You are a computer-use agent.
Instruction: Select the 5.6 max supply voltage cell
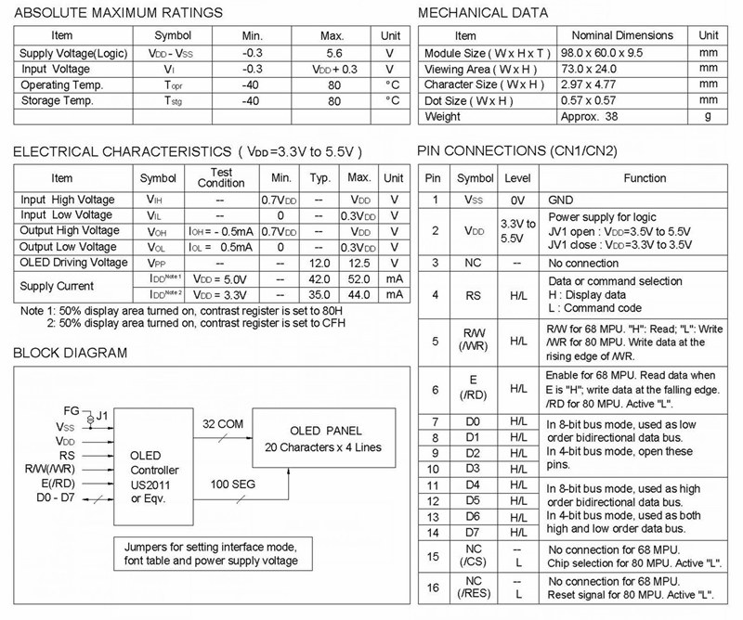(333, 53)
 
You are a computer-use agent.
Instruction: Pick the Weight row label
(443, 116)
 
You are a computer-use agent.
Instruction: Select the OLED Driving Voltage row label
(74, 263)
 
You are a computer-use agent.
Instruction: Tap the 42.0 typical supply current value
(319, 278)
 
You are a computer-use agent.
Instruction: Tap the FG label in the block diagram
(72, 409)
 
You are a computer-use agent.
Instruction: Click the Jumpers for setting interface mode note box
(211, 554)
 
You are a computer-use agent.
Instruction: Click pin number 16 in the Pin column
(433, 587)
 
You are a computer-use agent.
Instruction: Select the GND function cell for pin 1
(562, 199)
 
